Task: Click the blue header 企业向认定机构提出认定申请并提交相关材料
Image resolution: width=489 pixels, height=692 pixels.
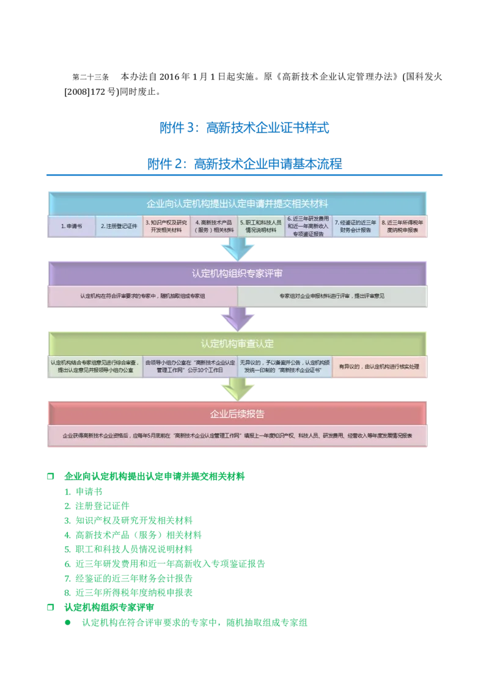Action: pos(238,203)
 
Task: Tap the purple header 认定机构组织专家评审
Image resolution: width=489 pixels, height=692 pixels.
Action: pos(238,273)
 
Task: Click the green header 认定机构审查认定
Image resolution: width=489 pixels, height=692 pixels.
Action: pos(238,343)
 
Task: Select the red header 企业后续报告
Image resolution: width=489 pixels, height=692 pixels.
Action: pos(238,414)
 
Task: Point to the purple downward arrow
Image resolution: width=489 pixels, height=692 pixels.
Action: pos(238,318)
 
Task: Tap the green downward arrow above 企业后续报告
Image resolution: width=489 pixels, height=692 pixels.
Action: pos(238,389)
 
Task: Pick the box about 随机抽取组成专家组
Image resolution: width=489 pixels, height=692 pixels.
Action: pos(142,296)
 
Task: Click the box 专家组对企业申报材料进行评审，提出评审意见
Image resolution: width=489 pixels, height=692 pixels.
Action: pos(333,296)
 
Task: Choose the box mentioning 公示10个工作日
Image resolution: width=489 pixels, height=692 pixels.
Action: pos(190,366)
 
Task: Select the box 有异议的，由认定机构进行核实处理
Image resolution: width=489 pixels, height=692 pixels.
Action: pos(380,366)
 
